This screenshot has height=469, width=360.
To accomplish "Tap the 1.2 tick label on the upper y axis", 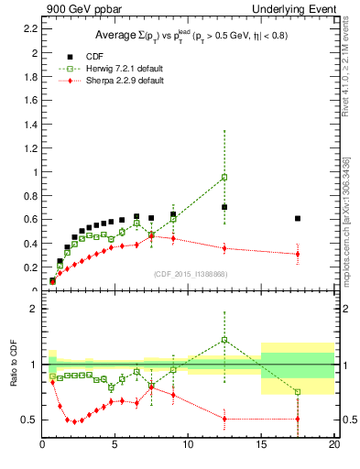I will coord(29,148).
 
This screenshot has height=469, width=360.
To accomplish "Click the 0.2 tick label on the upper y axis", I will coord(29,267).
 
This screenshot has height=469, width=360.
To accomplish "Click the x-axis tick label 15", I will coord(261,446).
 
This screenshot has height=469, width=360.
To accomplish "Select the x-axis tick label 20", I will coord(334,446).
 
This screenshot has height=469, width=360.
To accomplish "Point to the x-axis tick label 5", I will coord(115,446).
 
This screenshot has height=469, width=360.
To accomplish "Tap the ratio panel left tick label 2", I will coord(32,309).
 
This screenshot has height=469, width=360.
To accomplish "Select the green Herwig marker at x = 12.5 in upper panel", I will coord(224,177).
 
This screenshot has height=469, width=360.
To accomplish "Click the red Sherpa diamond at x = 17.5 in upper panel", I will coord(298,254).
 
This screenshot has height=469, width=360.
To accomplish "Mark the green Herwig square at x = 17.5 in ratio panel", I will coord(298,392).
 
